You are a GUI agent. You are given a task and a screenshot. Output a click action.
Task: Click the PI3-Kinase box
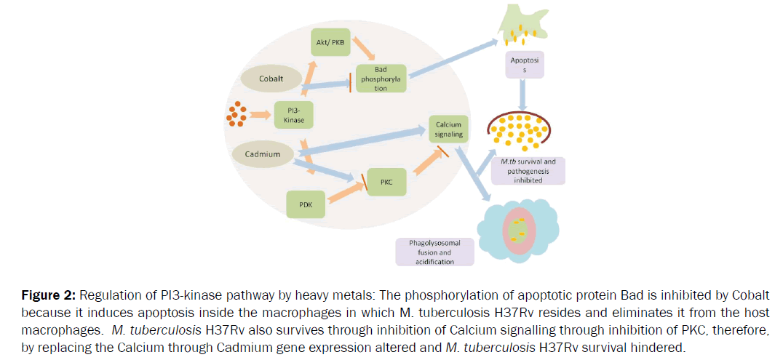pyautogui.click(x=295, y=115)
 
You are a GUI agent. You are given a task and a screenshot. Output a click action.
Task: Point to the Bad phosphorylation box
pyautogui.click(x=381, y=78)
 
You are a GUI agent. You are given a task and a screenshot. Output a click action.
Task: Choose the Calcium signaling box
pyautogui.click(x=447, y=129)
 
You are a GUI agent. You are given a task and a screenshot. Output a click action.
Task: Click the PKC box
pyautogui.click(x=386, y=181)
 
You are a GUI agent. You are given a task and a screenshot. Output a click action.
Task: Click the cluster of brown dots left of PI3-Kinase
pyautogui.click(x=235, y=114)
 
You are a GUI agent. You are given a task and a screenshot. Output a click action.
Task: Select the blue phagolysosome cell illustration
pyautogui.click(x=519, y=228)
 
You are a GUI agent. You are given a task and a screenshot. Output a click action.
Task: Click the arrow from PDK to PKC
pyautogui.click(x=345, y=192)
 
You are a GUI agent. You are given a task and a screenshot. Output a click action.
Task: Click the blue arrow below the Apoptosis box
pyautogui.click(x=522, y=95)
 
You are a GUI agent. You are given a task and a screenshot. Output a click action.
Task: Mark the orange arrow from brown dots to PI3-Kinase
pyautogui.click(x=260, y=114)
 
